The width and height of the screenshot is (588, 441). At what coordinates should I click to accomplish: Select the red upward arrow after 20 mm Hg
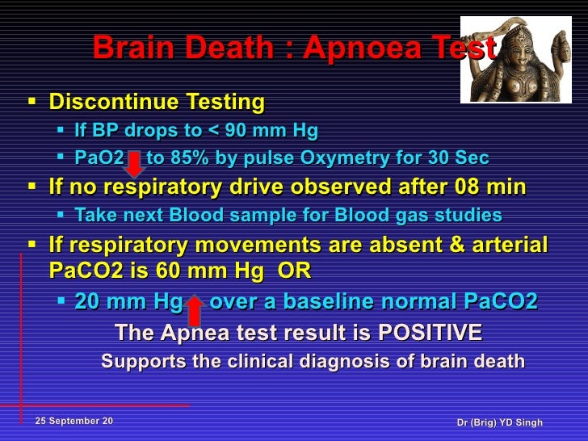(195, 309)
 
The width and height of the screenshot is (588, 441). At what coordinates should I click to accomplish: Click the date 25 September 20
(74, 422)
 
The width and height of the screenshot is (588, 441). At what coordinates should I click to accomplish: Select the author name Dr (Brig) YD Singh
(499, 422)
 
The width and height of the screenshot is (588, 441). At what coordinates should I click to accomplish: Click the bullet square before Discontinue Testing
(32, 103)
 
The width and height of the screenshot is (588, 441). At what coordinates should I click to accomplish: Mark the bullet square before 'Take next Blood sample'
(63, 216)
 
